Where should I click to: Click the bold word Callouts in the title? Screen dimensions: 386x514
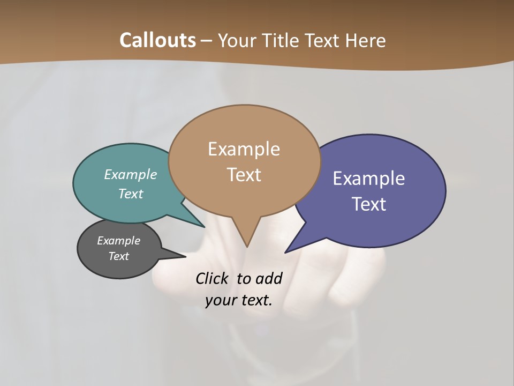157,40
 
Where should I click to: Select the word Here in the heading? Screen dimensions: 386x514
366,40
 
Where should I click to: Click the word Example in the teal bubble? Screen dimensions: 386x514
131,174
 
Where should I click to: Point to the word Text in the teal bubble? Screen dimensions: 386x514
131,194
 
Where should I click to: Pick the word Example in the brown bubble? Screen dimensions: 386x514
244,149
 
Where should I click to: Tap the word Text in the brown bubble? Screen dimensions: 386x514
244,175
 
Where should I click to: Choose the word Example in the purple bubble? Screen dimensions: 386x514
369,179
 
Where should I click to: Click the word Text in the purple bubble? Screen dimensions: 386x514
369,204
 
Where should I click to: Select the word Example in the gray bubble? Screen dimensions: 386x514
119,241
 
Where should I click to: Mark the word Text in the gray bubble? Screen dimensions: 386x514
119,256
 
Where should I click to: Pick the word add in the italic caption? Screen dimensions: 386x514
269,278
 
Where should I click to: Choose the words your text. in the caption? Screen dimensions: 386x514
239,301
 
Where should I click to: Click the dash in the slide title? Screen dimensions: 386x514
207,41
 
